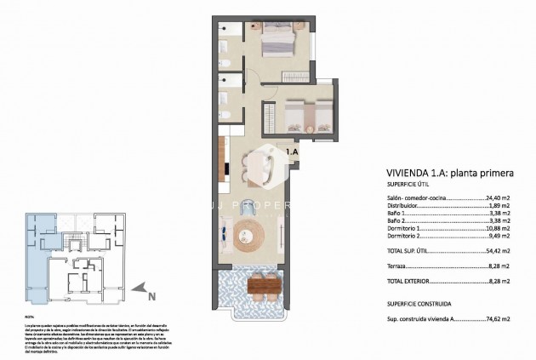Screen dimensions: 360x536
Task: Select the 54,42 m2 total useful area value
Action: pyautogui.click(x=495, y=252)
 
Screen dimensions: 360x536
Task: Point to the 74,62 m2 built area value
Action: pyautogui.click(x=495, y=319)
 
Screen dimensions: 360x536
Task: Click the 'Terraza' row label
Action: pyautogui.click(x=396, y=266)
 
